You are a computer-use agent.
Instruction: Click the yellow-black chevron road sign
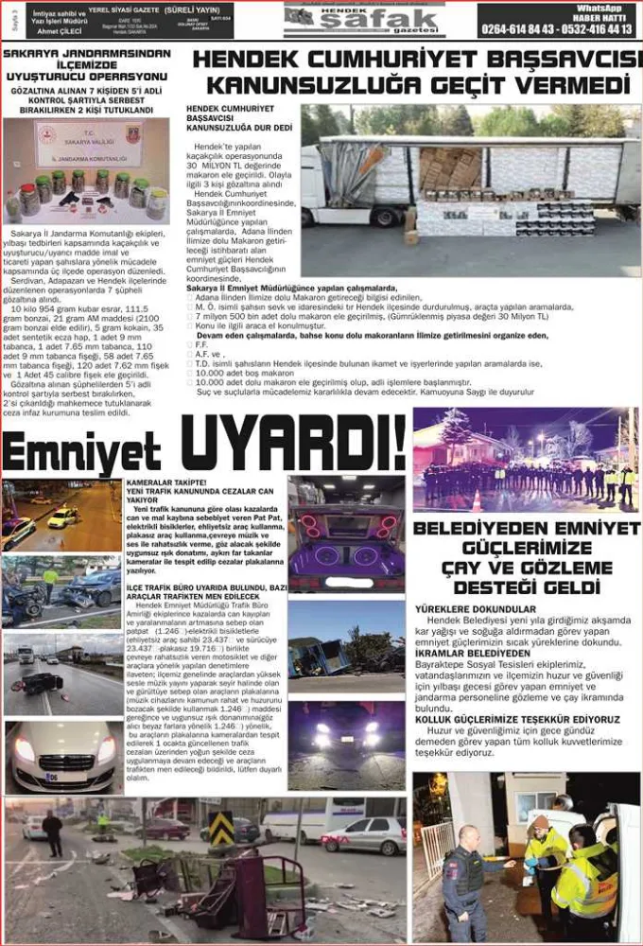(x=221, y=827)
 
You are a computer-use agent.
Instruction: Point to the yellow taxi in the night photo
(x=62, y=517)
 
